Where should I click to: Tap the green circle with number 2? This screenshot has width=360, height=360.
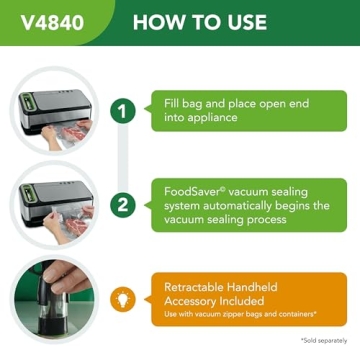[x=122, y=205]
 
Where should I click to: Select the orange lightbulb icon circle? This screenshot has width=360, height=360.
[x=122, y=299]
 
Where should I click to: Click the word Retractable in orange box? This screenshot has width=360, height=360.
[x=203, y=286]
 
